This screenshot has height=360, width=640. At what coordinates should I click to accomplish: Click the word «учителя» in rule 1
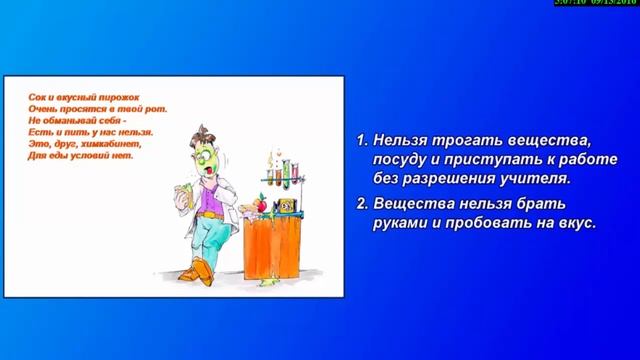tap(534, 179)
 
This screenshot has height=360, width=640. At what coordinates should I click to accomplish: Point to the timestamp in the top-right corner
tap(596, 4)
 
